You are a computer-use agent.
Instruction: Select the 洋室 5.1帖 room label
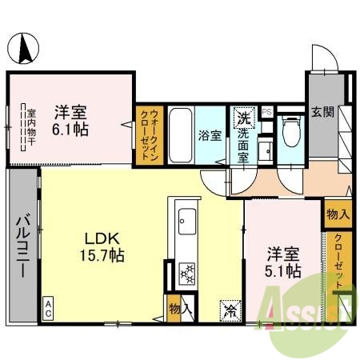pyautogui.click(x=284, y=262)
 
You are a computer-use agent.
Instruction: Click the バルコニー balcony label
pyautogui.click(x=24, y=244)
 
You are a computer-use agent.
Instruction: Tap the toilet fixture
pyautogui.click(x=290, y=132)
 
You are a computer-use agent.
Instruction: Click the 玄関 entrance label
pyautogui.click(x=322, y=112)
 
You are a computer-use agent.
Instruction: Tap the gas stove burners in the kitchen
pyautogui.click(x=186, y=274)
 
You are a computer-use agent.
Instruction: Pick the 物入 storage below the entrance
pyautogui.click(x=337, y=214)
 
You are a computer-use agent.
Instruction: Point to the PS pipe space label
pyautogui.click(x=267, y=112)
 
